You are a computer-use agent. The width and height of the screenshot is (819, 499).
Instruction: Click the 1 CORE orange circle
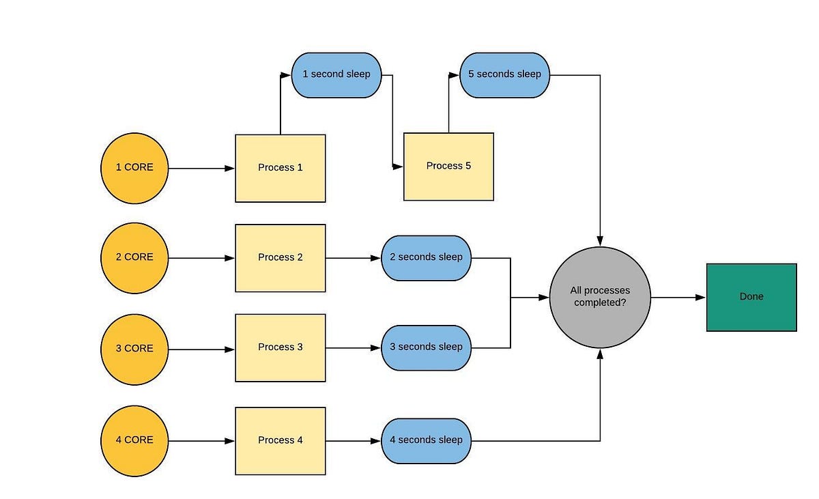coord(134,168)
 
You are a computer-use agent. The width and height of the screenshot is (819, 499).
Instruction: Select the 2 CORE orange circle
coord(134,257)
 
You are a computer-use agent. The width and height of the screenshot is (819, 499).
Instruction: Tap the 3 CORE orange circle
coord(134,349)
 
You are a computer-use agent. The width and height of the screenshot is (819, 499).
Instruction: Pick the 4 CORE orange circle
coord(134,440)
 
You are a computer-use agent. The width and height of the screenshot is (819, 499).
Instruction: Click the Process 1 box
coord(280,168)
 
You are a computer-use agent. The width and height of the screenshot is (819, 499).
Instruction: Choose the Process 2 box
coord(280,258)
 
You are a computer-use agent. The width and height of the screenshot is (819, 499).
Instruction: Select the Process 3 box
coord(280,347)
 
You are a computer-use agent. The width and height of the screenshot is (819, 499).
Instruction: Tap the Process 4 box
coord(280,440)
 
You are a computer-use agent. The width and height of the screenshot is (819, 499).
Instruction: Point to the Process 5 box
coord(448,167)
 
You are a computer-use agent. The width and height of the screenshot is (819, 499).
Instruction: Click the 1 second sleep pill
coord(336,74)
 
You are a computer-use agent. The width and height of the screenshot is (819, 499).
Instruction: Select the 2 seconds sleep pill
coord(426,258)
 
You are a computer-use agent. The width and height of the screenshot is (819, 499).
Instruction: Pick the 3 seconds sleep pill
coord(426,347)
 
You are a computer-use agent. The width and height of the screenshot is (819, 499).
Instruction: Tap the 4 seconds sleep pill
coord(426,440)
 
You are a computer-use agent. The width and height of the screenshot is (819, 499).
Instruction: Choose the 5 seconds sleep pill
coord(504,74)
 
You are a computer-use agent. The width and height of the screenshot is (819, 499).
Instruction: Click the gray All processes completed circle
coord(600,297)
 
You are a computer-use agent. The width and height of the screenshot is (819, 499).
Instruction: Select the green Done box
coord(751,297)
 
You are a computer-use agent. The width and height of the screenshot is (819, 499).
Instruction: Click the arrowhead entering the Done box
coord(700,298)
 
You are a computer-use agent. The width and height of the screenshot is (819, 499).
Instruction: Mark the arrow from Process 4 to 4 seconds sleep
coord(353,441)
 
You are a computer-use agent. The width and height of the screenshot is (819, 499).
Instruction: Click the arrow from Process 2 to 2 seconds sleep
coord(353,258)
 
